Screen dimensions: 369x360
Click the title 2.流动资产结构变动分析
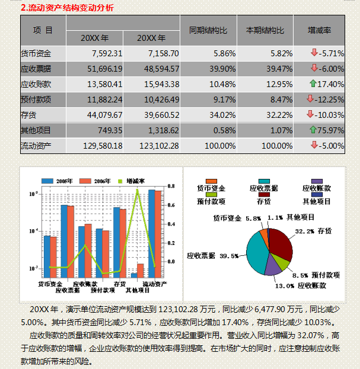click(x=66, y=8)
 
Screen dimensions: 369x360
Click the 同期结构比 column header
click(x=208, y=30)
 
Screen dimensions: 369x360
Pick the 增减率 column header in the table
click(x=319, y=30)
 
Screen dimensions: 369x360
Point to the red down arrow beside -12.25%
click(x=310, y=98)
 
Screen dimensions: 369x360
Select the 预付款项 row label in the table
click(x=36, y=99)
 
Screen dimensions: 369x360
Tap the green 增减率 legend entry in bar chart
click(x=132, y=180)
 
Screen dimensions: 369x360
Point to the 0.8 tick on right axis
click(x=171, y=187)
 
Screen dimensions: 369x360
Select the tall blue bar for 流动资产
click(x=151, y=233)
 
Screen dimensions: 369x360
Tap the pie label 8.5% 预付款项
click(x=316, y=275)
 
